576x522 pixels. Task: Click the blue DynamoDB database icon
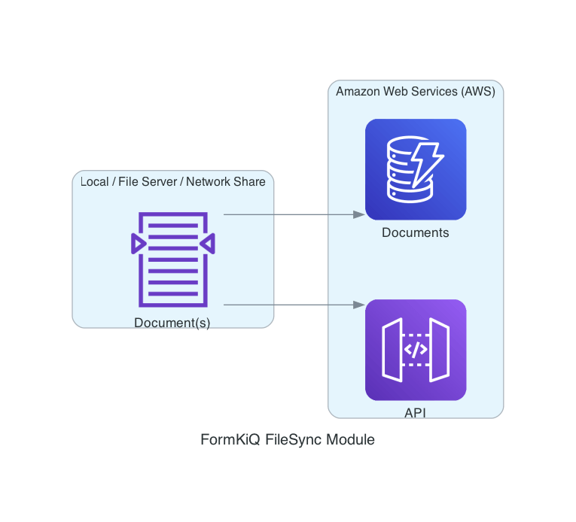click(x=416, y=169)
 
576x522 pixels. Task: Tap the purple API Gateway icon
click(x=416, y=350)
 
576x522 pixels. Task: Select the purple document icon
click(x=172, y=259)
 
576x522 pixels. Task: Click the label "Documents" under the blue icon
click(x=416, y=233)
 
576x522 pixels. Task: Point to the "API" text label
click(x=416, y=413)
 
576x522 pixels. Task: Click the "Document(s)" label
click(x=172, y=323)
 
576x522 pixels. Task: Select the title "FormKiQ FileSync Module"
click(x=288, y=440)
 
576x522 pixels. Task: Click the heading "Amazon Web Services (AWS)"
click(x=416, y=92)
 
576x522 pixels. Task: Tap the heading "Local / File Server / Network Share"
click(x=173, y=181)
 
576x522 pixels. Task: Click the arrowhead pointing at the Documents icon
click(x=359, y=214)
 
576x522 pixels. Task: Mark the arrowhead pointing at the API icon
click(x=359, y=305)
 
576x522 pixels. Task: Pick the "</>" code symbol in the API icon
click(x=416, y=350)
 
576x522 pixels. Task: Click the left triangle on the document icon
click(x=137, y=243)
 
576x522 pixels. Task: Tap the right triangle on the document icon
click(x=208, y=243)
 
